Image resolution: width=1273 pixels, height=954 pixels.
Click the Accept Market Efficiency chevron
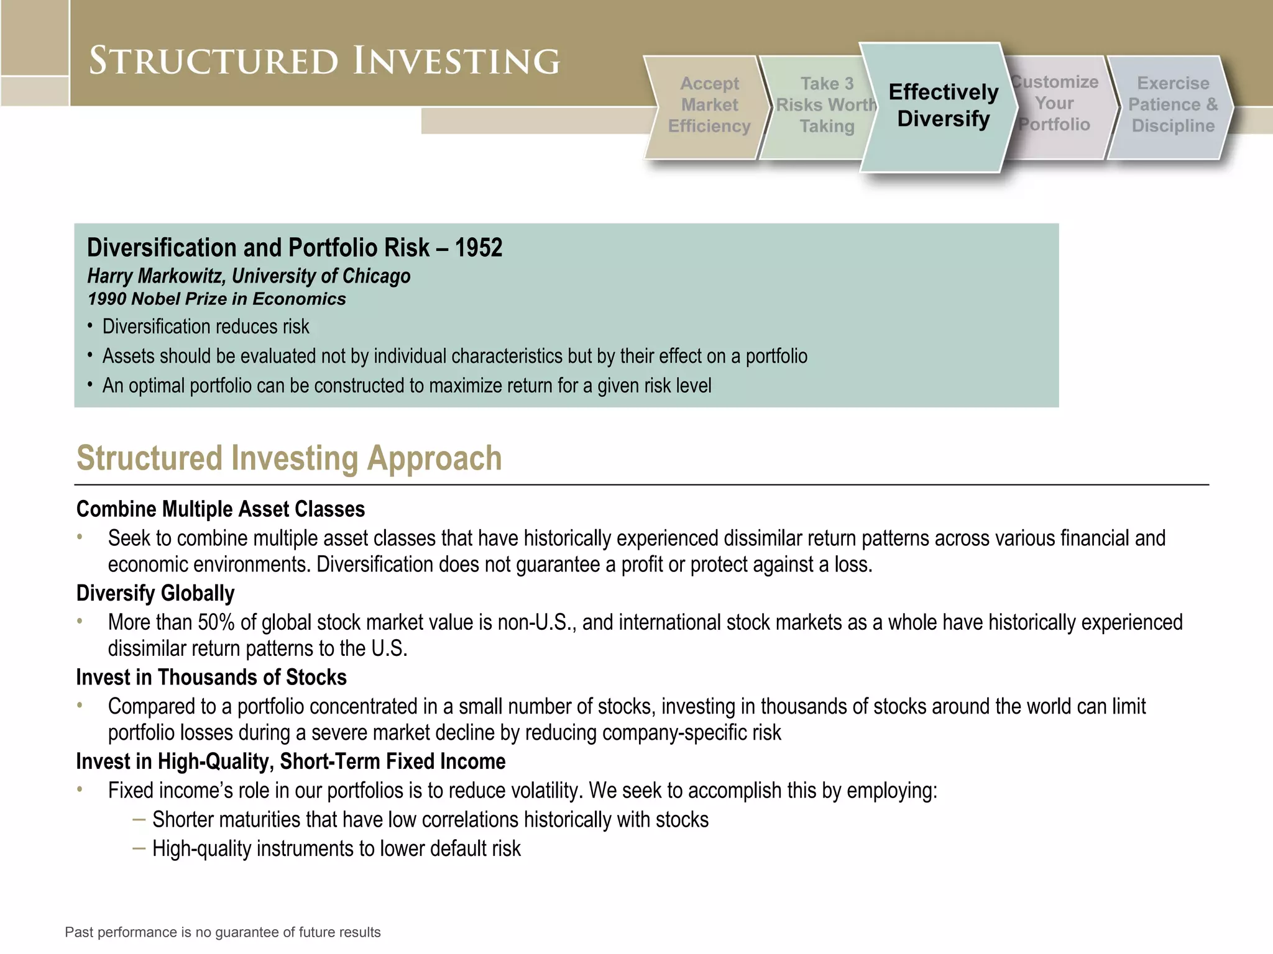point(709,106)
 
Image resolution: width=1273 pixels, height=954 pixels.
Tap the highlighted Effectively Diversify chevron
point(943,106)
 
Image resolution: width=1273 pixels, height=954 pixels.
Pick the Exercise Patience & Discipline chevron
point(1172,105)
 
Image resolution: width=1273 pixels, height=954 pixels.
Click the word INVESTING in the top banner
point(457,61)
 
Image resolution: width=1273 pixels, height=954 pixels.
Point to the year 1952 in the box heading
point(478,248)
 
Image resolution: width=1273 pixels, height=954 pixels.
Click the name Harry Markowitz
point(156,276)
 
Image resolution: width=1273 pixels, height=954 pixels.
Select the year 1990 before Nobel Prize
point(107,299)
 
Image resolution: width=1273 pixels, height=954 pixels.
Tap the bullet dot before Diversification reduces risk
point(90,325)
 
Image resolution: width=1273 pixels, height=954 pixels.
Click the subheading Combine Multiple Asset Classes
point(220,509)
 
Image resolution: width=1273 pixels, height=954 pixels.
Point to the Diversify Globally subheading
point(155,593)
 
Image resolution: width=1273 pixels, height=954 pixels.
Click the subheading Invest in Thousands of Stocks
point(211,677)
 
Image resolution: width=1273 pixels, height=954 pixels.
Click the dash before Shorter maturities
point(139,819)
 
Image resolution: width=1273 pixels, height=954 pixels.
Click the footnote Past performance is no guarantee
point(223,932)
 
